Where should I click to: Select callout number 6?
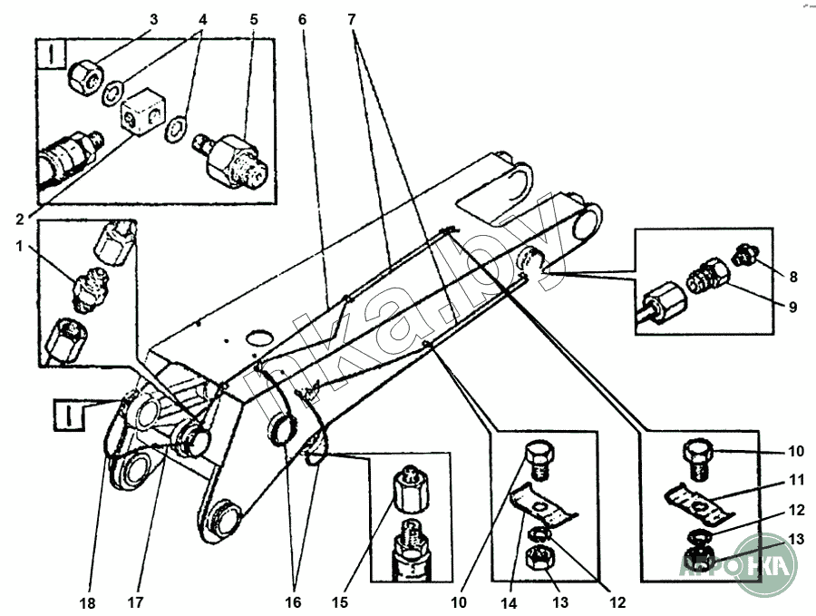click(302, 19)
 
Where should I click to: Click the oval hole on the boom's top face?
click(259, 337)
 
